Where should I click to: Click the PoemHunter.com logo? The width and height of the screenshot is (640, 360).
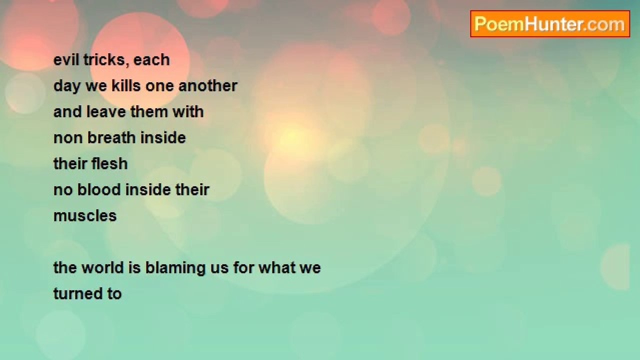(x=550, y=24)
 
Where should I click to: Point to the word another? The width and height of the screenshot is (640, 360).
(x=208, y=85)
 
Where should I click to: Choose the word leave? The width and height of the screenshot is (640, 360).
(x=106, y=111)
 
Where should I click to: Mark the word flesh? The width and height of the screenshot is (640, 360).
(x=109, y=163)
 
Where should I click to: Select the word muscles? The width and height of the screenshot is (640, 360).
(x=85, y=215)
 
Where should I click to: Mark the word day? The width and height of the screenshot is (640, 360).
(x=67, y=86)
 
